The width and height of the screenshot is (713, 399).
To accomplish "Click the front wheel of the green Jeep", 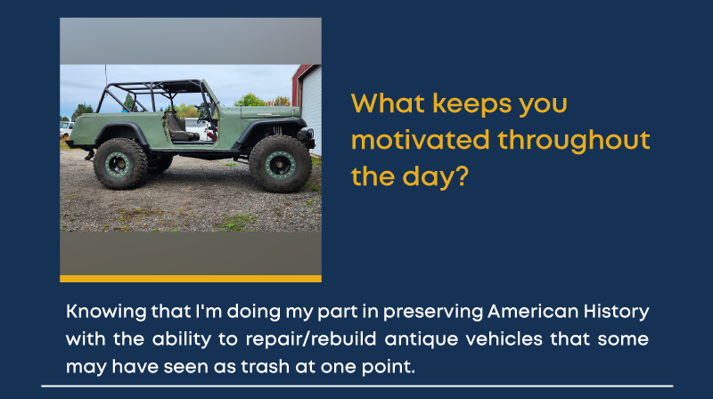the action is pyautogui.click(x=280, y=164).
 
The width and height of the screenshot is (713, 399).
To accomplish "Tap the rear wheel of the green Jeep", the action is pyautogui.click(x=120, y=164).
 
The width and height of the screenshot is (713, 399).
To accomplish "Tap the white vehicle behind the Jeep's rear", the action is pyautogui.click(x=66, y=128).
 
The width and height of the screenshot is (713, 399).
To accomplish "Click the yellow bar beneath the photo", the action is pyautogui.click(x=191, y=279).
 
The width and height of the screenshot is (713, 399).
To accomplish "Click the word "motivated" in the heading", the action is pyautogui.click(x=421, y=140).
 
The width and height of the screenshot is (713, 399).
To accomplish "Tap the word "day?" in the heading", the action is pyautogui.click(x=435, y=176).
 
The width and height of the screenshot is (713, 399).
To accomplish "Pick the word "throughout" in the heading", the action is pyautogui.click(x=574, y=140).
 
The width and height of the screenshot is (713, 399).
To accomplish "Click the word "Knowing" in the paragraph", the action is pyautogui.click(x=106, y=313).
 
